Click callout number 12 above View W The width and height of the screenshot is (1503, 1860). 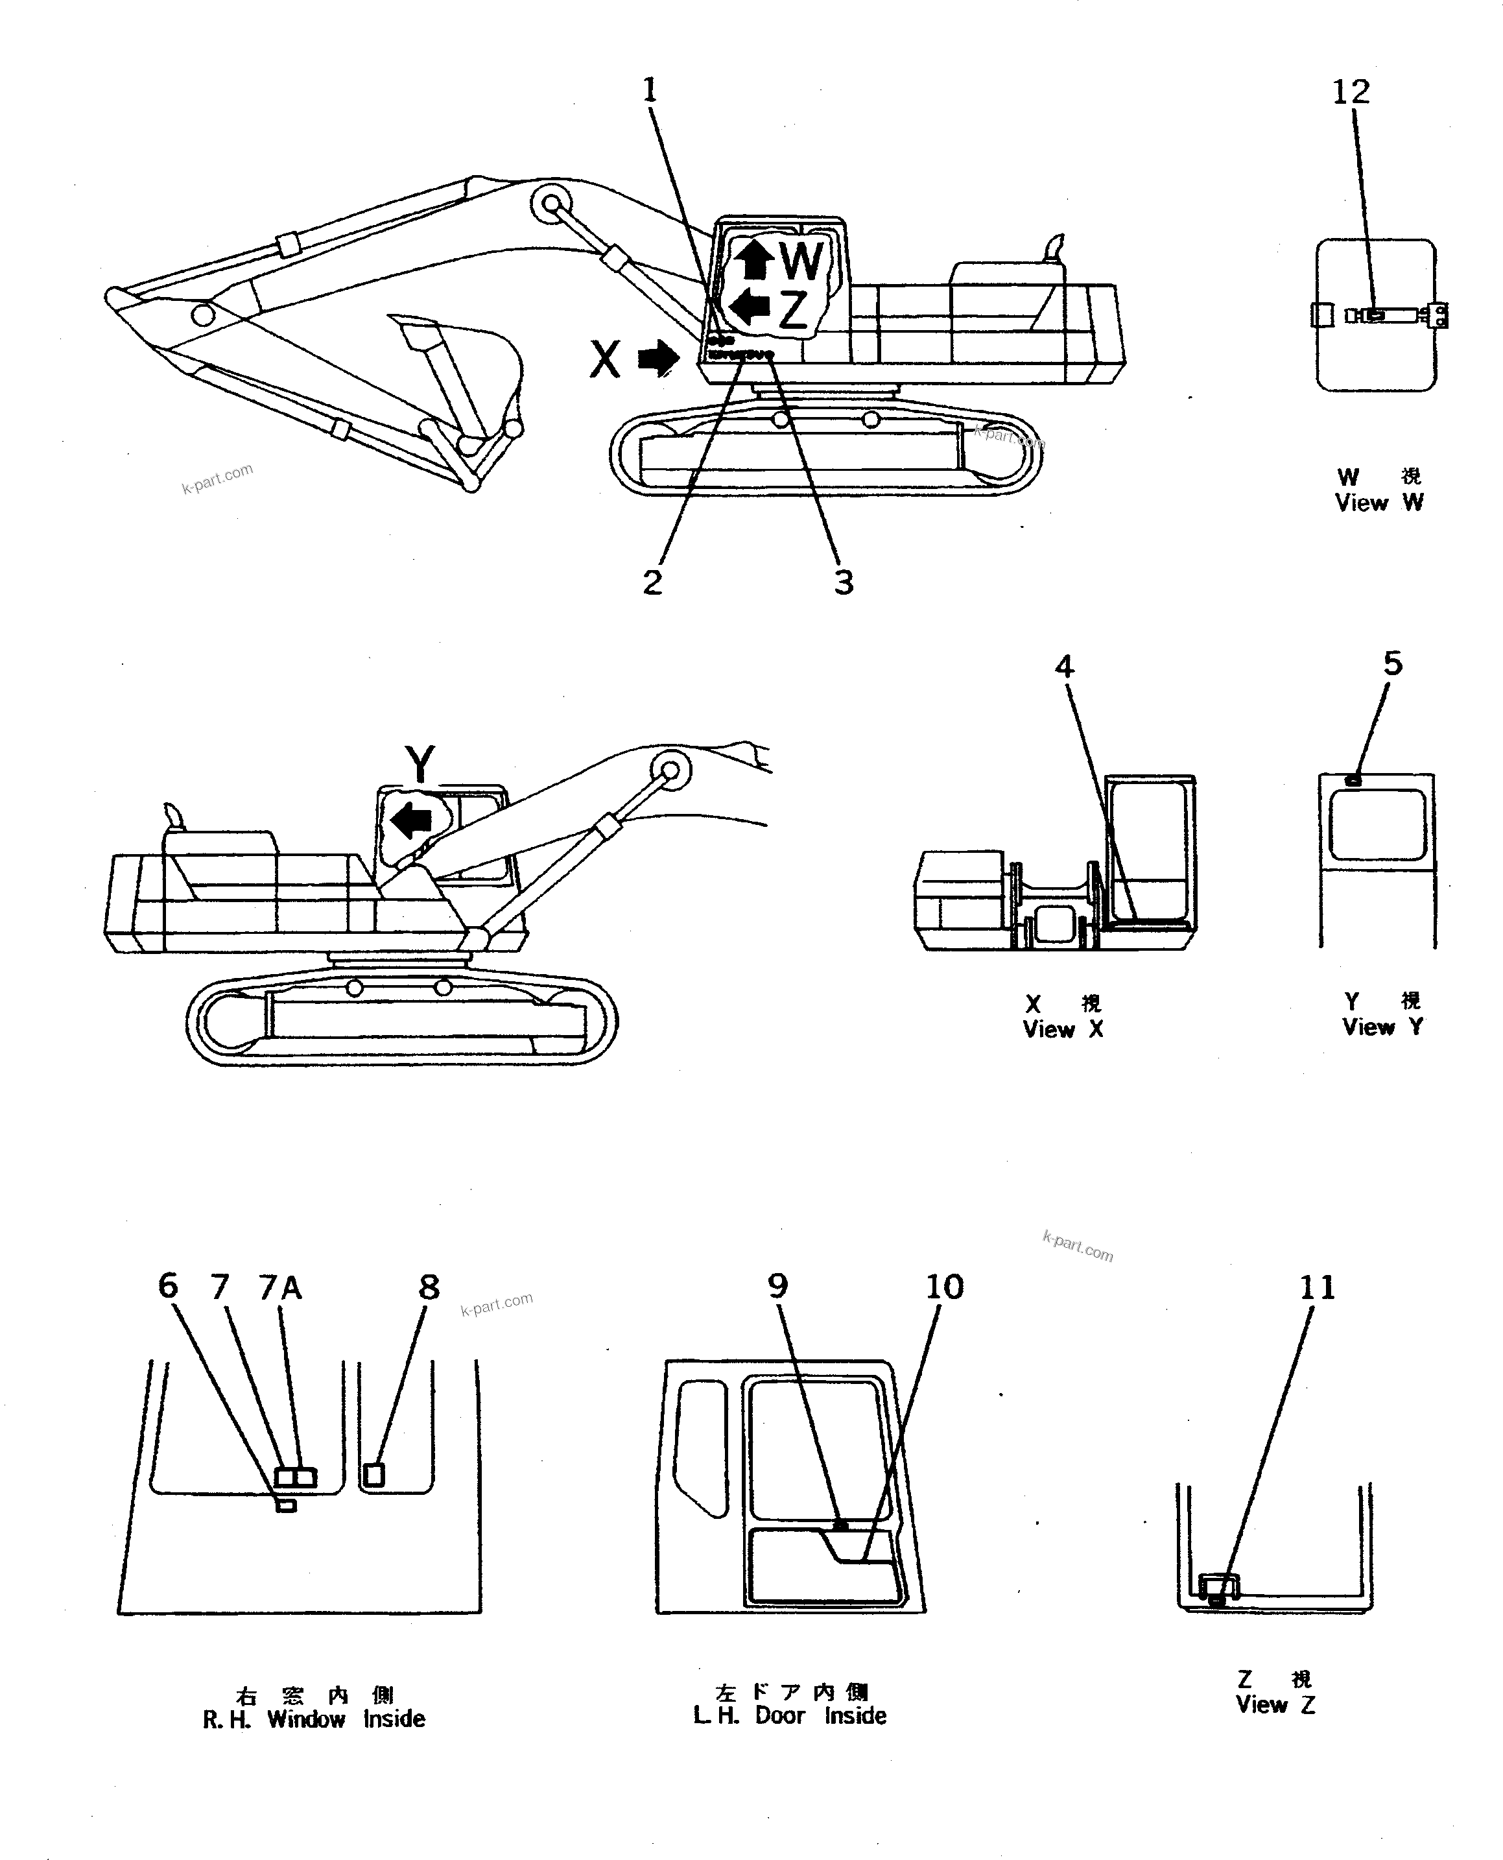[x=1350, y=92]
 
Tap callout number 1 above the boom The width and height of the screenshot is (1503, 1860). [x=649, y=89]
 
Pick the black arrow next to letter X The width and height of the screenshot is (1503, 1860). [x=659, y=357]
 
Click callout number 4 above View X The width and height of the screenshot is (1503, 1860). [x=1064, y=667]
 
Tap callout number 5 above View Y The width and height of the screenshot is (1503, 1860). [x=1392, y=664]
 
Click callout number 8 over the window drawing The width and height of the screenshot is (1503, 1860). [x=429, y=1287]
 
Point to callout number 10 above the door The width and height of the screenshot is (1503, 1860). [x=943, y=1287]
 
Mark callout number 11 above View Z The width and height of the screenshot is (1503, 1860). [x=1317, y=1287]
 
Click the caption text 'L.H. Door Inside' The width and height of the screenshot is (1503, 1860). [x=790, y=1715]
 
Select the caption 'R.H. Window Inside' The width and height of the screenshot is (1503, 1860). [x=313, y=1719]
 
